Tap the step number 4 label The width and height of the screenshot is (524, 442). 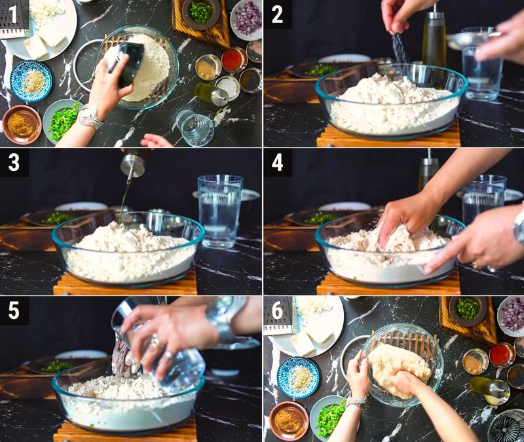277,162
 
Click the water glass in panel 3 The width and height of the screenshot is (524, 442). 219,210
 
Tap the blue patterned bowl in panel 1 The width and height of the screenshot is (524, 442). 31,81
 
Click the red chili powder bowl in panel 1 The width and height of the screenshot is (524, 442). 234,60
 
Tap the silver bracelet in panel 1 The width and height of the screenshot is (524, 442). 89,116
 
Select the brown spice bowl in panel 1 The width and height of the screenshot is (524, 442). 22,124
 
